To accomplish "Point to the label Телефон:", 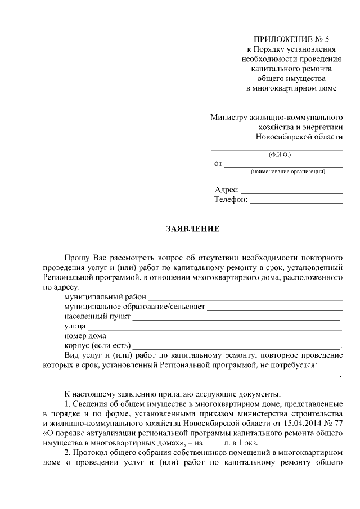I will tap(231, 200).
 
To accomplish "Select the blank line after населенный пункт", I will tap(236, 319).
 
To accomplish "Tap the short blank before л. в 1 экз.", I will tap(214, 444).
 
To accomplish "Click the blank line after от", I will tap(284, 166).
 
